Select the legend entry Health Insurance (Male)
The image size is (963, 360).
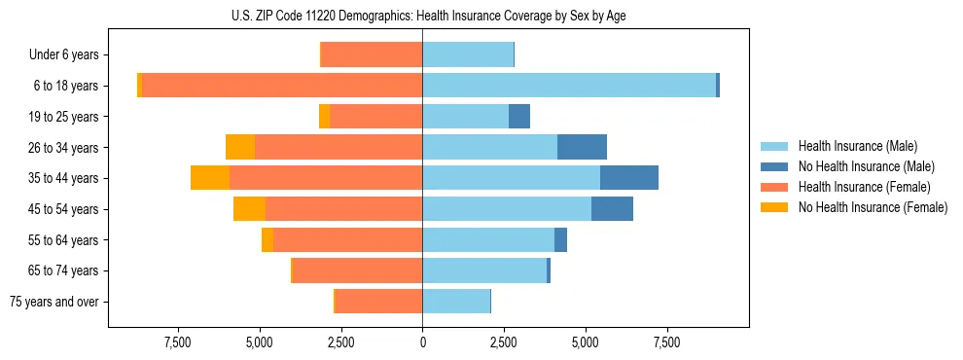point(857,146)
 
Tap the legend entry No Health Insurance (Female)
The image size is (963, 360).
point(873,207)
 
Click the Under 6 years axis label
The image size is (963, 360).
point(63,55)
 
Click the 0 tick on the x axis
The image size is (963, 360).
point(422,342)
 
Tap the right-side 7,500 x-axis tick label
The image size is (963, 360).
point(666,342)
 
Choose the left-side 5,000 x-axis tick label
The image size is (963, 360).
point(260,342)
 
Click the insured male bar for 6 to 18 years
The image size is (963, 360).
point(569,86)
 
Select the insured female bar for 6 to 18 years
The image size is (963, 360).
point(282,86)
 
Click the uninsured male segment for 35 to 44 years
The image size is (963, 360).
point(629,178)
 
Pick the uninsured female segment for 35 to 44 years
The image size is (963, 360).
point(210,178)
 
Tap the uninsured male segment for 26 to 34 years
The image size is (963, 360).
point(582,147)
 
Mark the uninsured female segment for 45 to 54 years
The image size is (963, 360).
point(249,209)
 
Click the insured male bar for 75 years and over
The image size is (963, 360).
point(456,302)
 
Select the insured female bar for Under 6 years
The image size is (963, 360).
point(372,55)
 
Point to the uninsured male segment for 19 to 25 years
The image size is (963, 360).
point(519,117)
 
